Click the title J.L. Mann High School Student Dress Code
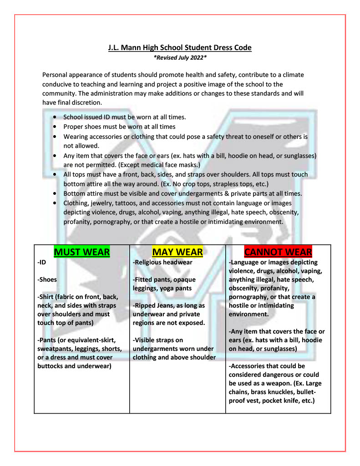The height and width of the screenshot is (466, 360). click(180, 47)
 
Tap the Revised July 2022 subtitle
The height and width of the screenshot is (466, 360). click(180, 58)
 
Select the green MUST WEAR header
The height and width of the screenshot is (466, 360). click(82, 252)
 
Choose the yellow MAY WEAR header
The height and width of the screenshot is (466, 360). click(177, 252)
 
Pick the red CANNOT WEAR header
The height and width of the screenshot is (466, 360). click(278, 252)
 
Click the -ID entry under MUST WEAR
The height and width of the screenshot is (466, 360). click(42, 263)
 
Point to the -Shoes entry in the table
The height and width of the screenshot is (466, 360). click(47, 280)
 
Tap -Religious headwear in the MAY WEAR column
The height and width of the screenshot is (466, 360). click(162, 263)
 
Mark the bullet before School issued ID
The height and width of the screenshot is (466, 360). click(55, 117)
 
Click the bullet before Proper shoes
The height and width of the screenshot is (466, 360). click(55, 127)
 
